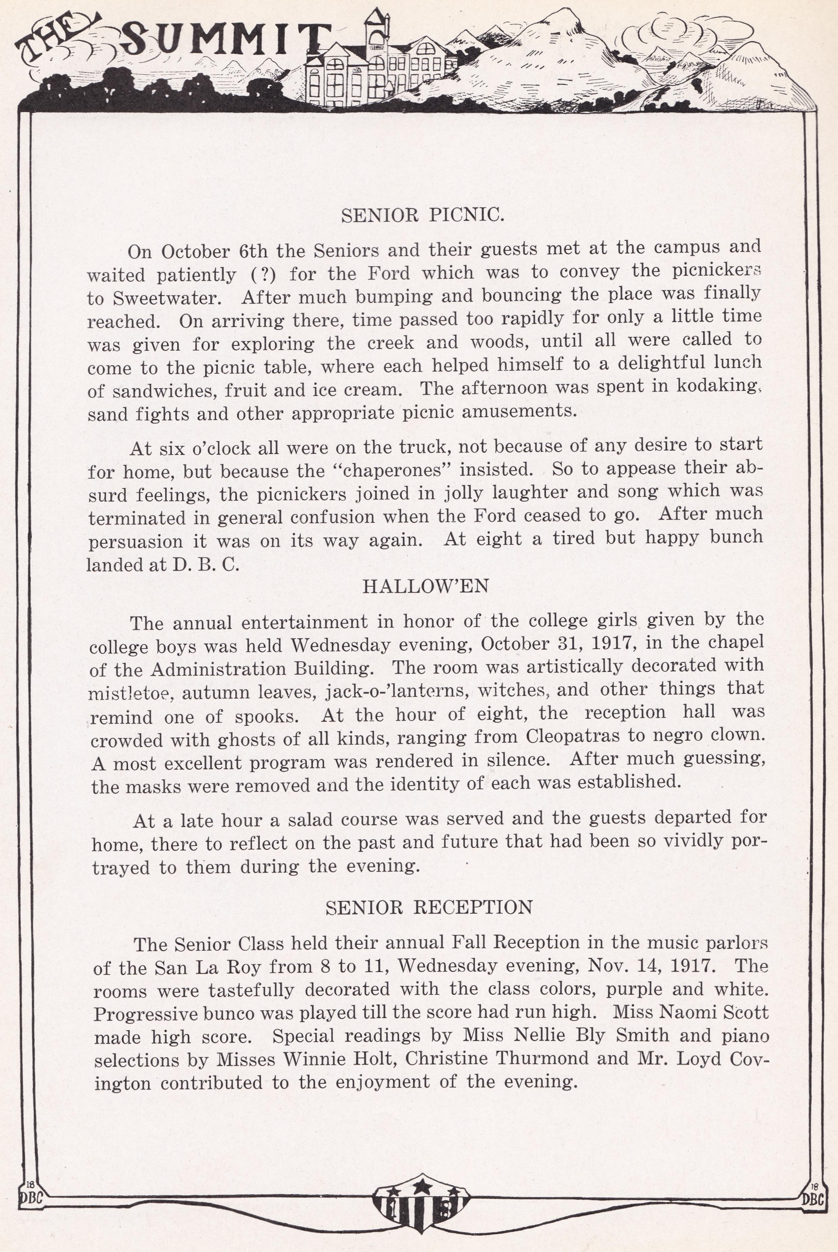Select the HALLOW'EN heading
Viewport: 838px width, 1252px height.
click(x=425, y=587)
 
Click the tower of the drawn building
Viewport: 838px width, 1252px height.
click(x=377, y=27)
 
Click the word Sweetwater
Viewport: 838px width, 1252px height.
click(x=164, y=298)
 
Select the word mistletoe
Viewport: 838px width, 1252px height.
click(x=130, y=693)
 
